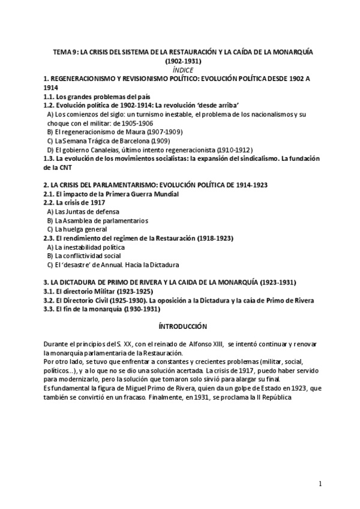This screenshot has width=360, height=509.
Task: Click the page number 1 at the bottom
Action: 320,484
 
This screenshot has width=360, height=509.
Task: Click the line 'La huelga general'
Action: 77,229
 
